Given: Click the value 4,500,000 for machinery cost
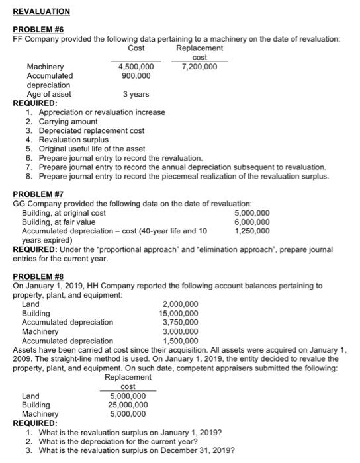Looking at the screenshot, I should [x=136, y=67].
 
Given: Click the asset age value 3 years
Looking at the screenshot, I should [x=136, y=94].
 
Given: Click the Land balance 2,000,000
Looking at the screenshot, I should [x=181, y=304].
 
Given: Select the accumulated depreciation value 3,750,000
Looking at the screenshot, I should [x=181, y=322].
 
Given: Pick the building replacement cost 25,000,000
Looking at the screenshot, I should [x=128, y=405].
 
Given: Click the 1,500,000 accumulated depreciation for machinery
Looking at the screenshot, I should [x=181, y=341].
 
